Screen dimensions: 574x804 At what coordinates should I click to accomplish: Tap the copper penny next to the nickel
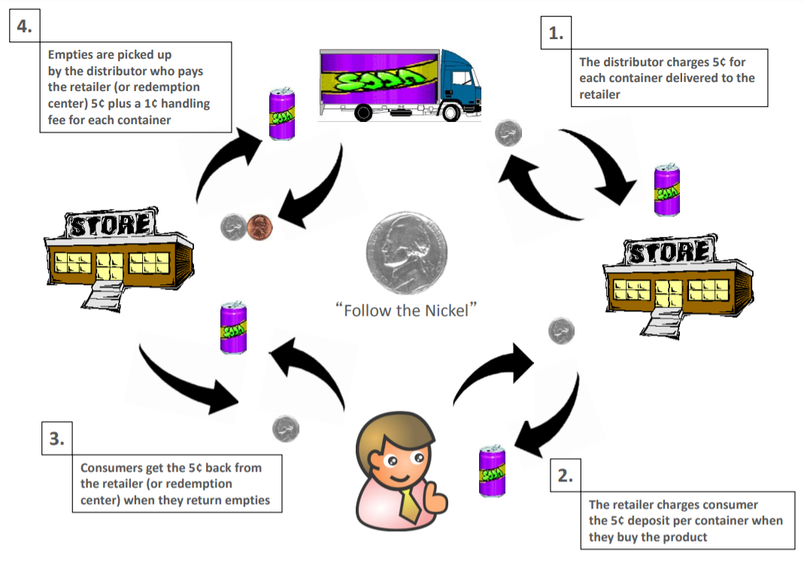click(x=259, y=226)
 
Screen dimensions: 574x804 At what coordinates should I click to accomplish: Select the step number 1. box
click(x=556, y=33)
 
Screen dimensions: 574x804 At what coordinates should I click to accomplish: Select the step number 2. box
click(x=566, y=475)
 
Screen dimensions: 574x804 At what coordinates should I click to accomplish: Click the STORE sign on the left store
click(x=112, y=224)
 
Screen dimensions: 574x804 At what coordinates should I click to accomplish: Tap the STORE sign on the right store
click(x=669, y=252)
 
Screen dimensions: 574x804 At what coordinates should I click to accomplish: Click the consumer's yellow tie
click(x=410, y=502)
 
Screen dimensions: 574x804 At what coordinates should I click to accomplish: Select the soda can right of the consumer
click(x=493, y=471)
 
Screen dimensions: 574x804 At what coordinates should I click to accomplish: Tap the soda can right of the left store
click(x=233, y=328)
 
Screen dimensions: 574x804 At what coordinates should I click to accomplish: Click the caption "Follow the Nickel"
click(x=406, y=310)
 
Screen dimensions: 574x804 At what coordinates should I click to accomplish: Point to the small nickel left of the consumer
click(x=285, y=429)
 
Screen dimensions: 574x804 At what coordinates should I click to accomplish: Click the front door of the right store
click(x=669, y=295)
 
